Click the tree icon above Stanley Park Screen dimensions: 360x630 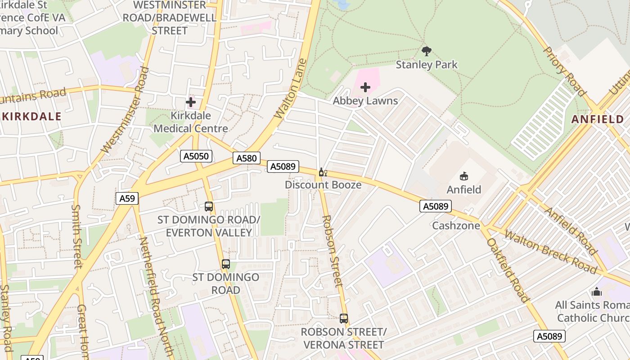tap(427, 51)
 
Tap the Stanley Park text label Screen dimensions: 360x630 tap(427, 65)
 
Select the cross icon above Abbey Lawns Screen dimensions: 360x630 tap(365, 87)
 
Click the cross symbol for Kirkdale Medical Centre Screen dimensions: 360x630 tap(191, 102)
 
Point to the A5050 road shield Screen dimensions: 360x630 tap(196, 156)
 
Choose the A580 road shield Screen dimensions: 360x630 tap(247, 158)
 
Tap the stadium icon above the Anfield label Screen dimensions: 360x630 tap(463, 176)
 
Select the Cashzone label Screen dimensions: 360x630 tap(456, 225)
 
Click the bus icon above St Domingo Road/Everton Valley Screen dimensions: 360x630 tap(209, 207)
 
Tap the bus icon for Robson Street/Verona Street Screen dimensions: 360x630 tap(344, 319)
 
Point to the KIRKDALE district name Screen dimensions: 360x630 tap(31, 117)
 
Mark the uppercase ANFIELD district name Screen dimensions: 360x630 tap(597, 119)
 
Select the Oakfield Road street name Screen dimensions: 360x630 tap(508, 270)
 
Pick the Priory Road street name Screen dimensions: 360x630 tap(564, 72)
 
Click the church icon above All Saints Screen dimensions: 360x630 tap(597, 292)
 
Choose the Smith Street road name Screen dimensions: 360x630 tap(76, 236)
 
